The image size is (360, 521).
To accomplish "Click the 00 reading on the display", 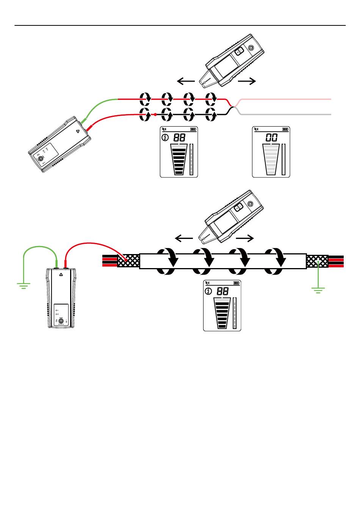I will [x=272, y=137].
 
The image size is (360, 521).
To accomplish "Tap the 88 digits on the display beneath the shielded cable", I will [x=223, y=291].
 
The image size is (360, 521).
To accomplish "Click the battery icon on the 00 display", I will [x=286, y=129].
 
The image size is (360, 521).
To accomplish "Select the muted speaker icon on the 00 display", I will [x=257, y=129].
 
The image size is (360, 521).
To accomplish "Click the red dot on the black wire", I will [x=155, y=114].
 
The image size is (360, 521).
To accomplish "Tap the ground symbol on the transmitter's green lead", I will [x=23, y=285].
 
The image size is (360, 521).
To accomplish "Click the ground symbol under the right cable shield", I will [x=318, y=290].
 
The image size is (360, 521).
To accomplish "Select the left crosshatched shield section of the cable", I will [x=128, y=261].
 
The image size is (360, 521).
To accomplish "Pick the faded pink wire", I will [x=284, y=99].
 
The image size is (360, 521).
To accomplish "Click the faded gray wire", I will [x=284, y=114].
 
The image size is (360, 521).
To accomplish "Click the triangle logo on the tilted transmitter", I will [x=77, y=132].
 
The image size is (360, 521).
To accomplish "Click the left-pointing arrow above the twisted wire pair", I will [x=186, y=81].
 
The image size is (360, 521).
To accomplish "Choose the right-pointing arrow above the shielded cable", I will [x=245, y=238].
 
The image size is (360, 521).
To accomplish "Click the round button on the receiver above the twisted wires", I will [x=250, y=48].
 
